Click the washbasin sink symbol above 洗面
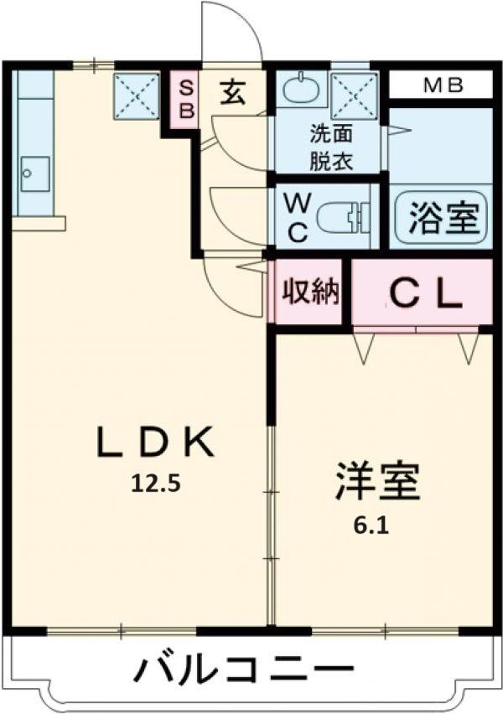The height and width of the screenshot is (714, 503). coord(297,87)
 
